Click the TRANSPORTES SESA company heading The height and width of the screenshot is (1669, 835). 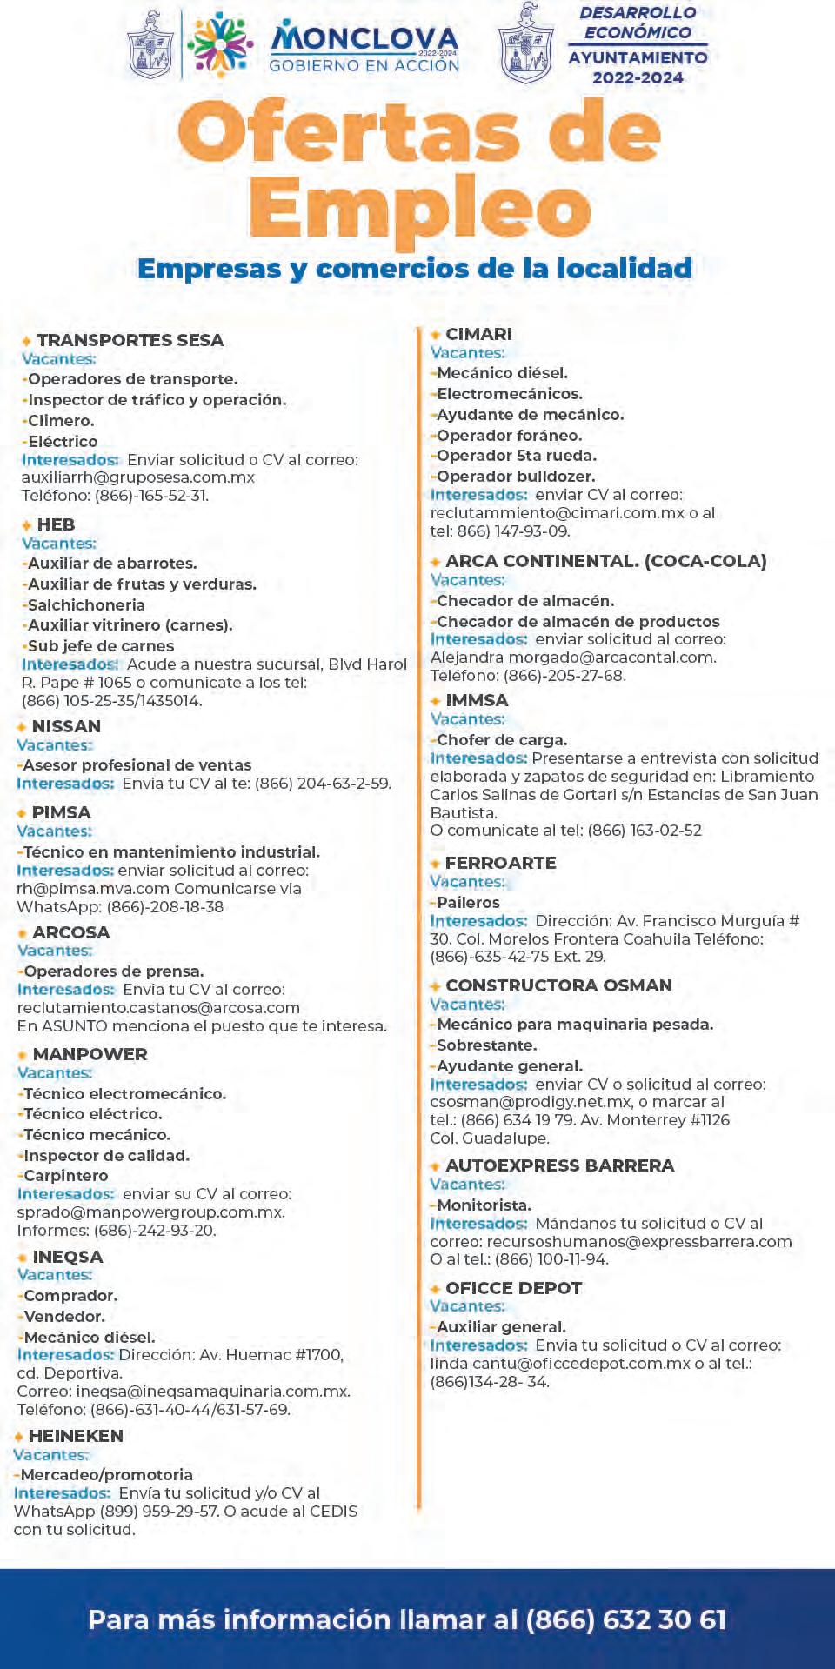click(130, 340)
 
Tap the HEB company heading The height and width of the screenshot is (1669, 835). click(56, 524)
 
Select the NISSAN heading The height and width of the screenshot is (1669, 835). click(66, 726)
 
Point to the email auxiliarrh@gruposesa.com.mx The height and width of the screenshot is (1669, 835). click(138, 477)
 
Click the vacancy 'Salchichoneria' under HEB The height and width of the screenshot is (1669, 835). click(86, 604)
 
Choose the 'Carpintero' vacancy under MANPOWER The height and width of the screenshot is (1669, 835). click(65, 1176)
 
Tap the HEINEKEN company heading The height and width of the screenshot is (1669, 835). click(76, 1436)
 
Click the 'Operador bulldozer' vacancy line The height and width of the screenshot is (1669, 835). click(516, 477)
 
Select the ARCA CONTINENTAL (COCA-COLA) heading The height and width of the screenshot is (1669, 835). click(605, 561)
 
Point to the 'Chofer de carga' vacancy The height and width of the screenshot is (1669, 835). click(501, 740)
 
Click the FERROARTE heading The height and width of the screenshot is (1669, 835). click(500, 863)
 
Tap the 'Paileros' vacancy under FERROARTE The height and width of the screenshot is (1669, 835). click(468, 903)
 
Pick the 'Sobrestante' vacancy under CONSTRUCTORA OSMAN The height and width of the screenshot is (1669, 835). click(486, 1045)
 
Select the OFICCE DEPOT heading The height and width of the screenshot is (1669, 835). click(513, 1288)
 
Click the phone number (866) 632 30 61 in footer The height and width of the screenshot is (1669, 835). click(626, 1619)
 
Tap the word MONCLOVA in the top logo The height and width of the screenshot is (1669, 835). click(365, 39)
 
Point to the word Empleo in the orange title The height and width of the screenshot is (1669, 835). click(419, 208)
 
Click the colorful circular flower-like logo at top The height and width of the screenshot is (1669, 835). click(219, 44)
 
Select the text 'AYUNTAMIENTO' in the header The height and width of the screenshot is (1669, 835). click(638, 57)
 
